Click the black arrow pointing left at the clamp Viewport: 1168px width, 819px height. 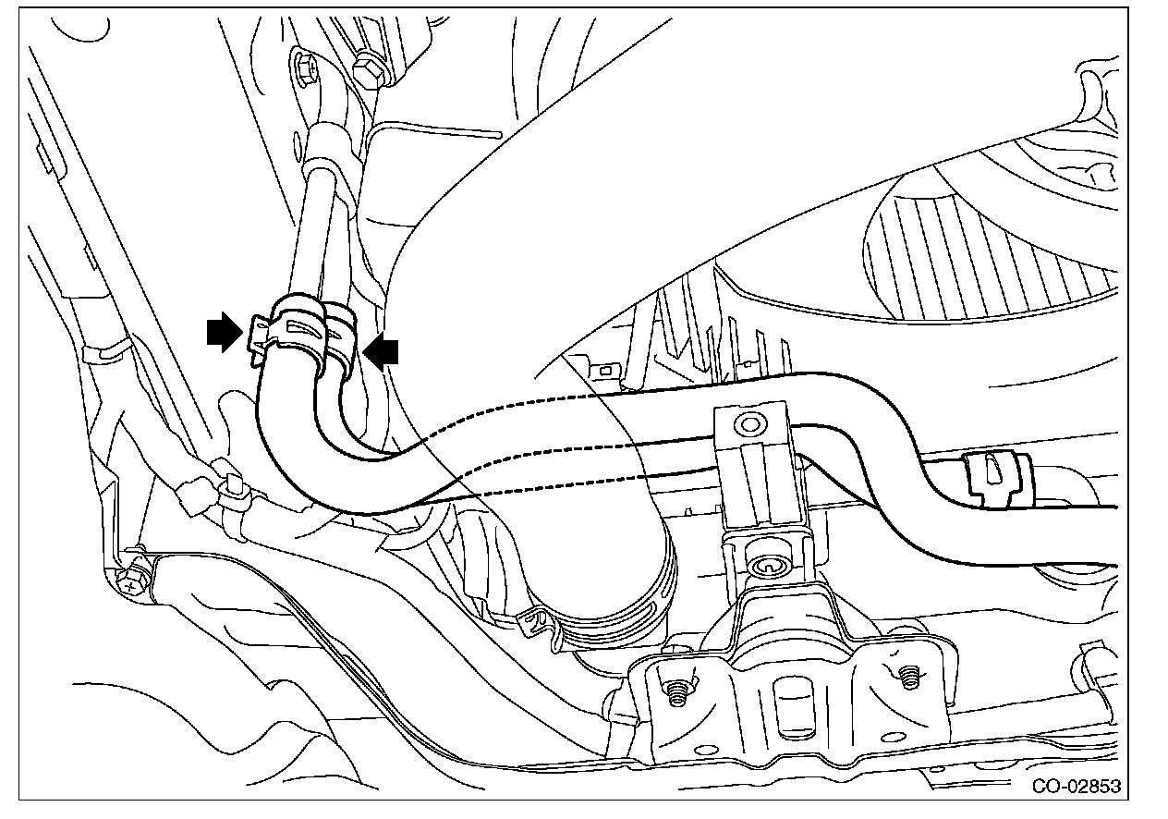coord(382,349)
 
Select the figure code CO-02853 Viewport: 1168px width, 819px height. coord(1077,787)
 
